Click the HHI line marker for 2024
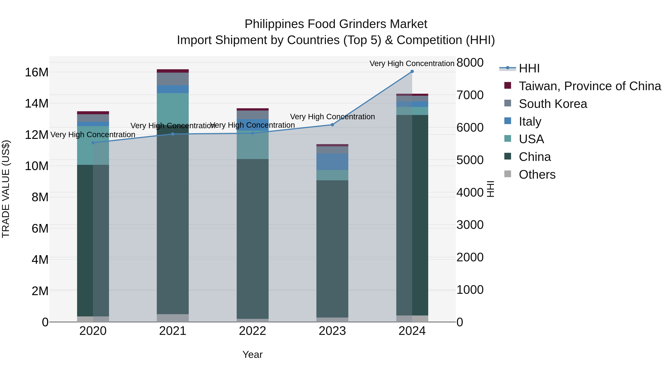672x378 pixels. [412, 71]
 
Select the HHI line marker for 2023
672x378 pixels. [332, 125]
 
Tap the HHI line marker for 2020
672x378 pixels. [93, 143]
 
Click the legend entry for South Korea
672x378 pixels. [553, 104]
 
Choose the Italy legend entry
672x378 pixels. [530, 122]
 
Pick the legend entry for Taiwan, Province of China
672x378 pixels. [589, 86]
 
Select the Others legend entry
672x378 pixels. [537, 175]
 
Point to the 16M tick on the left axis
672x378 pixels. [37, 72]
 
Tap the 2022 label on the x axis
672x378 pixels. [252, 331]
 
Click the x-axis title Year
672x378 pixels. [252, 354]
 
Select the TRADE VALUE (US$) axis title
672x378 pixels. [6, 189]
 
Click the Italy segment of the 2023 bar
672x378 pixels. [332, 162]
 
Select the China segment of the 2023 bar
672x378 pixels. [332, 248]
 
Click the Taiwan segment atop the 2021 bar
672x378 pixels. [172, 71]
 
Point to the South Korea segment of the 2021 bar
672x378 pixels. [172, 79]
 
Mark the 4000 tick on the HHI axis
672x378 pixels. [470, 192]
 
